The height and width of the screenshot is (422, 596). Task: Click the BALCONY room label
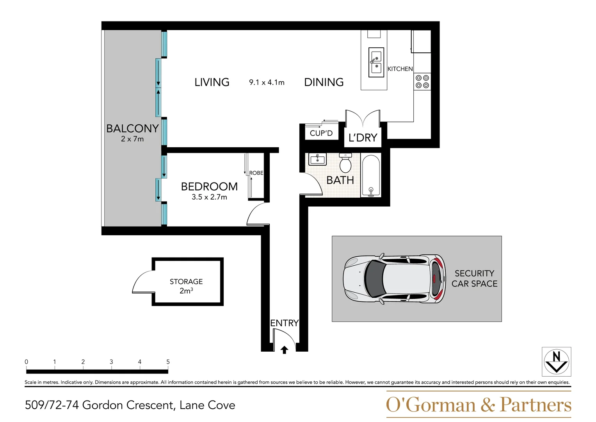click(132, 129)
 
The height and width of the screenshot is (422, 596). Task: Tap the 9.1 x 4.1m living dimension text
click(267, 82)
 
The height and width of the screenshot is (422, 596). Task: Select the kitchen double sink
click(376, 63)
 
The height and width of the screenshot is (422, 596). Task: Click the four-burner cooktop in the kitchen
click(422, 82)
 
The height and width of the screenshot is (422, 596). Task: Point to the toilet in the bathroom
click(345, 163)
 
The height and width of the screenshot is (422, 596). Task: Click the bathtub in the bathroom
click(370, 176)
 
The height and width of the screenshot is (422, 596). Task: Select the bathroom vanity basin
click(317, 159)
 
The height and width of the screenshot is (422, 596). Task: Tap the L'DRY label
click(363, 138)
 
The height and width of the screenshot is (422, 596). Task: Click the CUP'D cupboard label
click(321, 133)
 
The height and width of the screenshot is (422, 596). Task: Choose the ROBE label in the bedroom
click(256, 173)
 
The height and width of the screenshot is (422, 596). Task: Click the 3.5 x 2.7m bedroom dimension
click(209, 197)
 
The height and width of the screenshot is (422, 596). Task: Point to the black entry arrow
click(284, 350)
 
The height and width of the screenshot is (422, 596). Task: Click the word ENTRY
click(284, 323)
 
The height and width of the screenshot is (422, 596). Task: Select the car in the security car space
click(394, 279)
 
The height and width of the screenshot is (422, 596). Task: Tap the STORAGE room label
click(186, 282)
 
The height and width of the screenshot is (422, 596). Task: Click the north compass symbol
click(556, 361)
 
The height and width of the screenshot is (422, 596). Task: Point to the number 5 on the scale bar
click(168, 362)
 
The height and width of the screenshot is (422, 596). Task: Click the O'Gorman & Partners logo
click(479, 404)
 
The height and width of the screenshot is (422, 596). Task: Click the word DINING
click(324, 82)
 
